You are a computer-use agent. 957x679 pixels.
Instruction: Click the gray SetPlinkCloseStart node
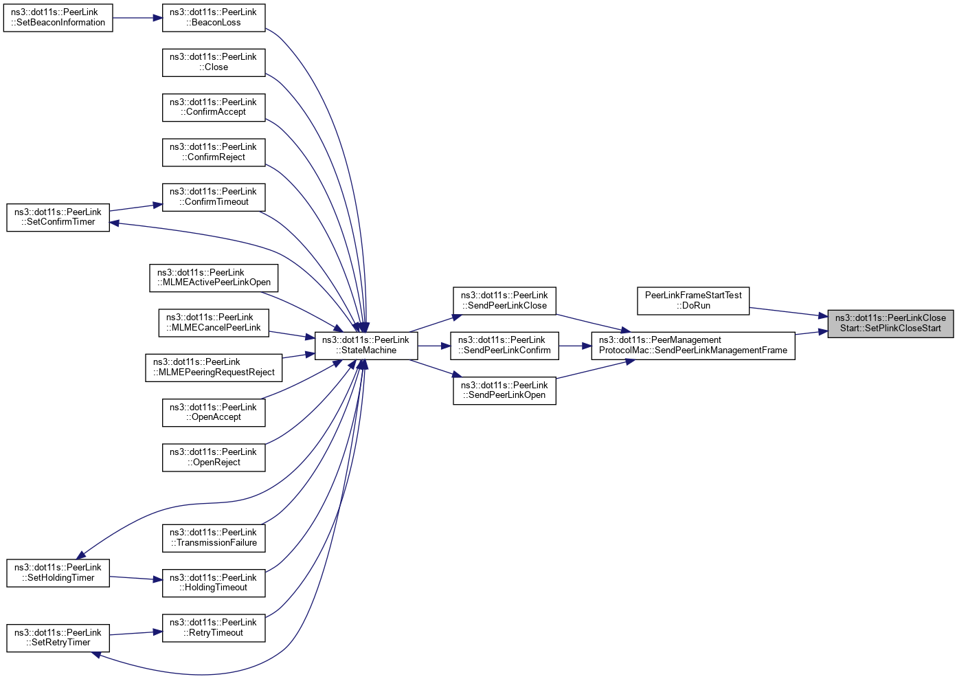click(890, 323)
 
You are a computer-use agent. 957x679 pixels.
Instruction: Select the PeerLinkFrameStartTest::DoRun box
click(693, 301)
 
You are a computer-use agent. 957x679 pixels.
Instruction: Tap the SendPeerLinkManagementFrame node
click(693, 346)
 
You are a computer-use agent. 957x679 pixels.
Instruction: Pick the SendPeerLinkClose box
click(504, 301)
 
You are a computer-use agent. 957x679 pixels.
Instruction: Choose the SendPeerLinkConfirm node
click(504, 346)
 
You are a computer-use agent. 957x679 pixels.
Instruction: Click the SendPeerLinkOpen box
click(504, 390)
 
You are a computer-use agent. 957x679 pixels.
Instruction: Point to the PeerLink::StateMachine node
click(365, 346)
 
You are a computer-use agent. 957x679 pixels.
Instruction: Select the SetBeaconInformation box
click(58, 18)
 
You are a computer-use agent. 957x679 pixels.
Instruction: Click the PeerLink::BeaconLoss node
click(213, 18)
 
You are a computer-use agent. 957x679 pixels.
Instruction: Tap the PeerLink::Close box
click(213, 63)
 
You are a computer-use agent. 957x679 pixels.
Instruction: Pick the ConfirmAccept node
click(213, 107)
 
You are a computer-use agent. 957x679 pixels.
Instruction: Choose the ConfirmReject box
click(213, 153)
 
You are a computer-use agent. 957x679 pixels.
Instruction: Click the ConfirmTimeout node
click(213, 197)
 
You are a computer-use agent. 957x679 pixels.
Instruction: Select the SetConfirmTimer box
click(58, 217)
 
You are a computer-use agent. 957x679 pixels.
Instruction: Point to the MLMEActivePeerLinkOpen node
click(214, 278)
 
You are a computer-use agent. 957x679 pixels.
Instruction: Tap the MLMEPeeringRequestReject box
click(214, 368)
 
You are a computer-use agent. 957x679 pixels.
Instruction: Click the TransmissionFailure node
click(213, 538)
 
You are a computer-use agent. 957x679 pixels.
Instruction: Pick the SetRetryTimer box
click(58, 638)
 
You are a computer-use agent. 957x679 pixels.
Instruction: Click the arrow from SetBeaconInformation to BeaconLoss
click(137, 18)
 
